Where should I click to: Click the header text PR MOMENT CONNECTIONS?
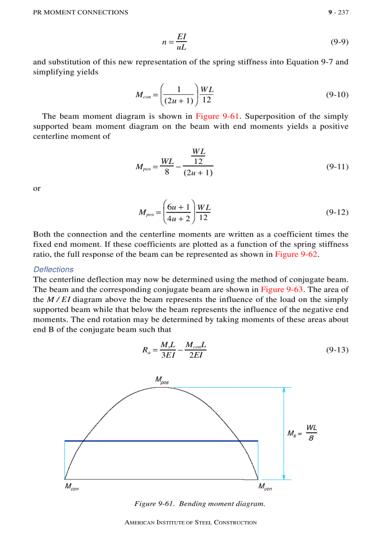coord(80,13)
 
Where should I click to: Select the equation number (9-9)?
coord(340,42)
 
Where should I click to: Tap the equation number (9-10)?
coord(337,95)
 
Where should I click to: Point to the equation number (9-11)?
coord(337,167)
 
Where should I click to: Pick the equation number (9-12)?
coord(337,212)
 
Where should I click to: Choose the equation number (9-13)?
coord(337,350)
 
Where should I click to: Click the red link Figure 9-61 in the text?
coord(218,116)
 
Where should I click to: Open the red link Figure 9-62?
coord(296,254)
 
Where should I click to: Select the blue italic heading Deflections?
coord(53,269)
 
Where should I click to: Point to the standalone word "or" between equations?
coord(37,189)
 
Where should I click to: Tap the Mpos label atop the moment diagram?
coord(162,380)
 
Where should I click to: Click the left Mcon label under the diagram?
coord(72,487)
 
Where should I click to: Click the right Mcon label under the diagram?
coord(265,487)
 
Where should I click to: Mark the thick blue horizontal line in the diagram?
coord(161,440)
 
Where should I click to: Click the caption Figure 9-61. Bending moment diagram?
coord(200,504)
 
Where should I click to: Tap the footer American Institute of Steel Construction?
coord(191,523)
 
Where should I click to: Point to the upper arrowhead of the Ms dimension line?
coord(284,389)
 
